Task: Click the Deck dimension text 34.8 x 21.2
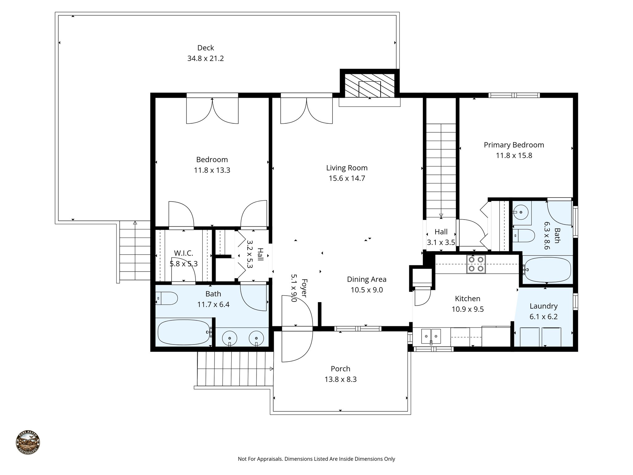[x=205, y=58]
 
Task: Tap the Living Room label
[x=347, y=168]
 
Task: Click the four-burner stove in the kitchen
[x=476, y=264]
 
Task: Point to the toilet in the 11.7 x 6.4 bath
[x=166, y=298]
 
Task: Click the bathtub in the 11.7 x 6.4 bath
[x=184, y=332]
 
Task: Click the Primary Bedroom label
[x=514, y=145]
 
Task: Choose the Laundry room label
[x=543, y=306]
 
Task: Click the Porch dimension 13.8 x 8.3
[x=340, y=379]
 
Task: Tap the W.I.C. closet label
[x=183, y=253]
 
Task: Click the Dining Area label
[x=367, y=280]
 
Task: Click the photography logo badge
[x=28, y=442]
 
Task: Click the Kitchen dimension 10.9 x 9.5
[x=467, y=309]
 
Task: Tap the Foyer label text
[x=304, y=288]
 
